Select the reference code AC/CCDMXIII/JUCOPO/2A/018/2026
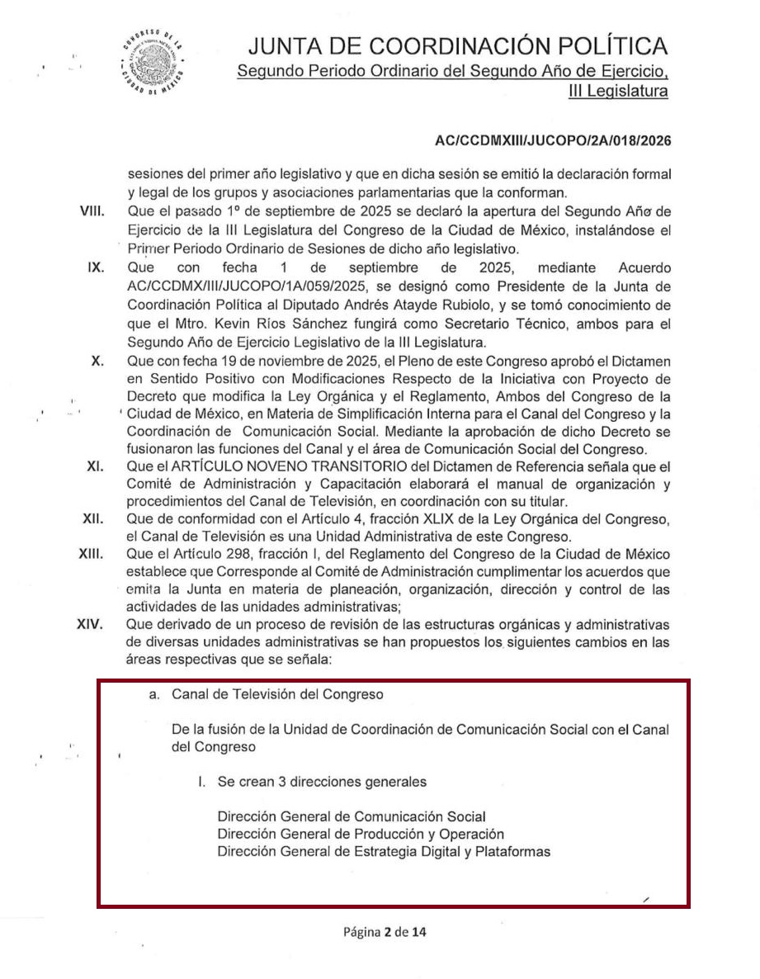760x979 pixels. (x=553, y=141)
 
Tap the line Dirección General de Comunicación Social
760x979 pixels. (x=352, y=817)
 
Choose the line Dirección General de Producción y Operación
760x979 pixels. (x=361, y=834)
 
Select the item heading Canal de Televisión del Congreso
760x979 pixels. (x=277, y=694)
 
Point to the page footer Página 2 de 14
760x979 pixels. (x=385, y=933)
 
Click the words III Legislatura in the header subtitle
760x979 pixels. (x=618, y=91)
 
